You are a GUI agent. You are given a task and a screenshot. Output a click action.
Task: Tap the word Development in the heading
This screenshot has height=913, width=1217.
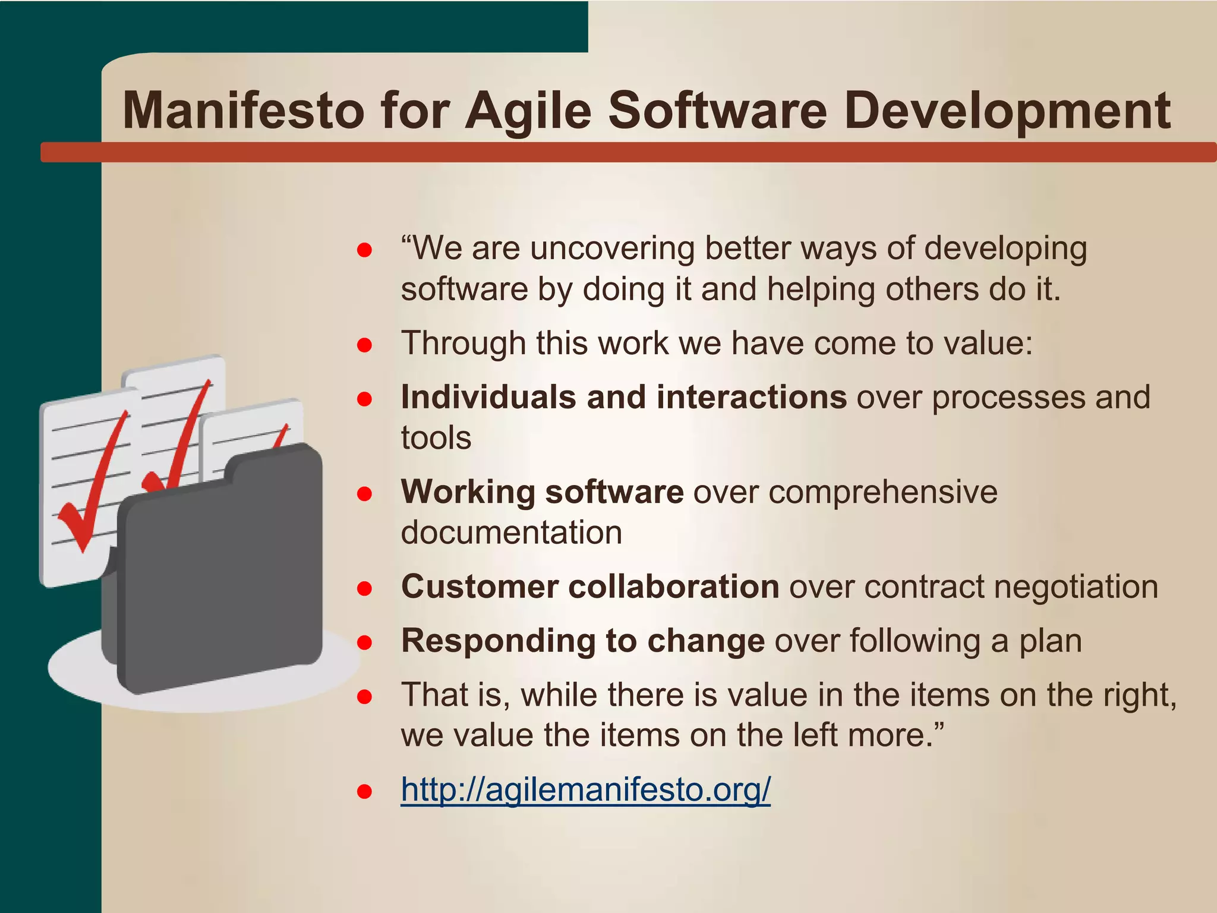point(1007,111)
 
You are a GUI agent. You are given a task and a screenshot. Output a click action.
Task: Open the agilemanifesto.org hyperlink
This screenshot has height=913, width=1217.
point(585,789)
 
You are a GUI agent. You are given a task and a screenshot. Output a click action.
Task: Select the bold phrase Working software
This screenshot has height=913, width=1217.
point(542,492)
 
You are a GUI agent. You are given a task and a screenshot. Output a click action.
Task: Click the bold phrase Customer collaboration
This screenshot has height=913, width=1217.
point(589,587)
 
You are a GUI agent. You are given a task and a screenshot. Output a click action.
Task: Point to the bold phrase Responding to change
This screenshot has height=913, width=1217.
point(582,641)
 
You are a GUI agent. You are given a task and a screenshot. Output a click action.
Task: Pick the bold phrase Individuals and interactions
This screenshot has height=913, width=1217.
point(623,397)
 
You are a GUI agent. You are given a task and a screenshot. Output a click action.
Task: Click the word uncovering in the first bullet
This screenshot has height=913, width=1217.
point(612,248)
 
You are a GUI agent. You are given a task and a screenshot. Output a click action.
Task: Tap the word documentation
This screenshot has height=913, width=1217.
point(511,533)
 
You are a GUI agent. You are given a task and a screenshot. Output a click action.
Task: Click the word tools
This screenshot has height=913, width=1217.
point(436,438)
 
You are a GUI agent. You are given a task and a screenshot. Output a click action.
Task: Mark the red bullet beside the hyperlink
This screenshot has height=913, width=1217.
point(364,791)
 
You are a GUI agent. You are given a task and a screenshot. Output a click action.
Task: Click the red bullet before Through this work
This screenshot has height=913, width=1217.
point(364,345)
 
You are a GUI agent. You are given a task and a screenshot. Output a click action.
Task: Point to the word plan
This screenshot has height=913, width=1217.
point(1051,641)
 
